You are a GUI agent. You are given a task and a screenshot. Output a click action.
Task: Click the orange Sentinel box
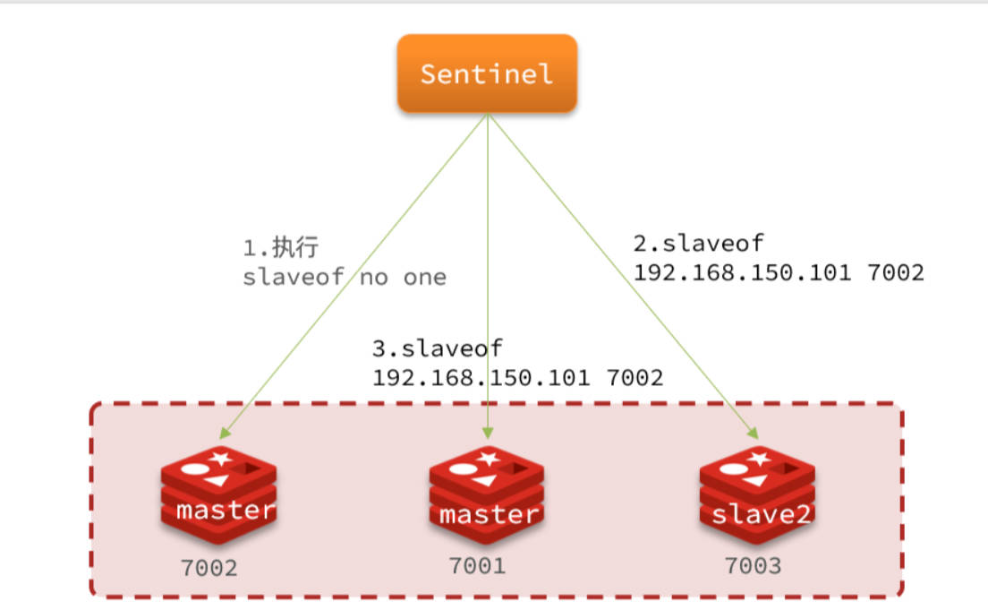(487, 73)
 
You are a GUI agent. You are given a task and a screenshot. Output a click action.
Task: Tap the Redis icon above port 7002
(218, 496)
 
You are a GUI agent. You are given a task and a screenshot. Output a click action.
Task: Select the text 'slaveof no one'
(345, 277)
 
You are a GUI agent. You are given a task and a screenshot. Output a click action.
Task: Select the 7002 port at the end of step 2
(895, 272)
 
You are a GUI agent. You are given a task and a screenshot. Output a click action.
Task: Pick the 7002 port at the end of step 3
(635, 377)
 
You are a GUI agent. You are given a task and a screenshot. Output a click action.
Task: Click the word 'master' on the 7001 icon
(489, 515)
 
